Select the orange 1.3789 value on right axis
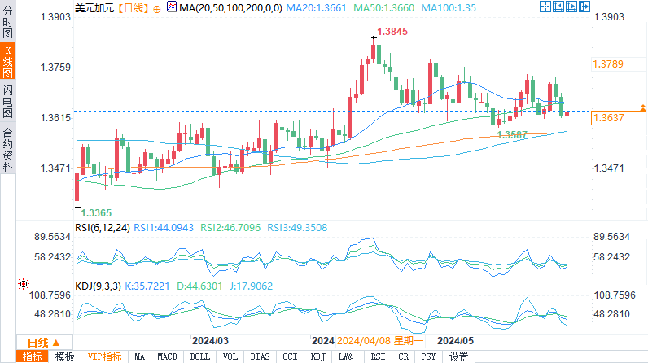pyautogui.click(x=608, y=63)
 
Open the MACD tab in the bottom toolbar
pyautogui.click(x=167, y=356)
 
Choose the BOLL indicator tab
pyautogui.click(x=199, y=356)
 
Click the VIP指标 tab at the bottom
pyautogui.click(x=104, y=356)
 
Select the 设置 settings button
pyautogui.click(x=458, y=356)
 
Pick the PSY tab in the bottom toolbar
pyautogui.click(x=427, y=356)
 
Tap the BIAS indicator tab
pyautogui.click(x=260, y=356)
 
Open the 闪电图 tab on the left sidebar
pyautogui.click(x=8, y=103)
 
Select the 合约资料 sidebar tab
pyautogui.click(x=8, y=148)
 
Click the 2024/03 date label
pyautogui.click(x=210, y=340)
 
